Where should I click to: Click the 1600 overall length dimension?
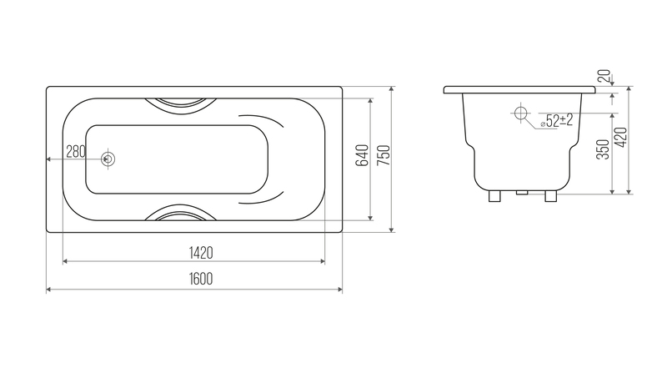pos(201,279)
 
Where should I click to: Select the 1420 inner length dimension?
pos(201,253)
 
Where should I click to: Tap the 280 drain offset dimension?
pos(76,151)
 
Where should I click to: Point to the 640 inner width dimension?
pos(362,155)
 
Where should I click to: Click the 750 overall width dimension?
pos(384,155)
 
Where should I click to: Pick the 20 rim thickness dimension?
pos(604,76)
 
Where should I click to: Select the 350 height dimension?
pos(603,149)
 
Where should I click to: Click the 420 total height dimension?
pos(621,137)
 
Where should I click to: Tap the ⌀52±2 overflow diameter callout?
pos(557,121)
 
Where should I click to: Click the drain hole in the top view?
pos(108,159)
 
